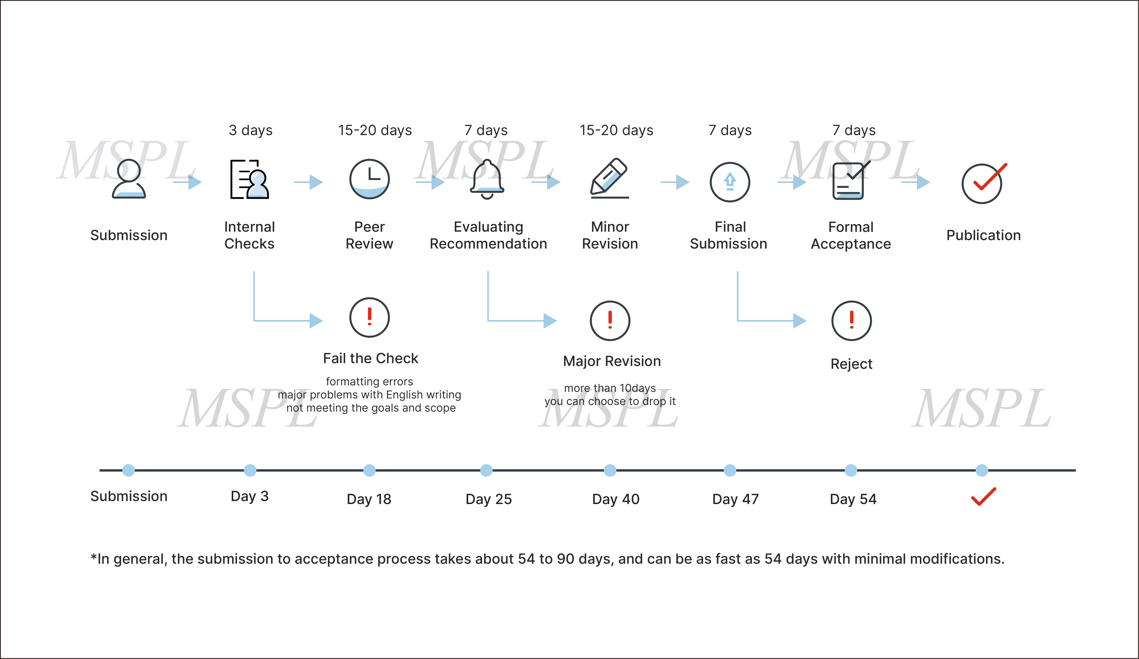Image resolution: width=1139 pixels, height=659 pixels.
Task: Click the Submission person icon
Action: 129,179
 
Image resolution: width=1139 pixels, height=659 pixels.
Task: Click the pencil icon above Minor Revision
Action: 609,178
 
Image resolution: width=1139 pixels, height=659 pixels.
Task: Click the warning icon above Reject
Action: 852,321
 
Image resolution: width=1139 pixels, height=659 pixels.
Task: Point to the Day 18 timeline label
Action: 369,499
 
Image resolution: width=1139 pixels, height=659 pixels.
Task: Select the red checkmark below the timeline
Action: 984,496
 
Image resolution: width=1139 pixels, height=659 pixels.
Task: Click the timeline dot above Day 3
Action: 250,470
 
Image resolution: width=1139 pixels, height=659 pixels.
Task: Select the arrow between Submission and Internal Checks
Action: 187,182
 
